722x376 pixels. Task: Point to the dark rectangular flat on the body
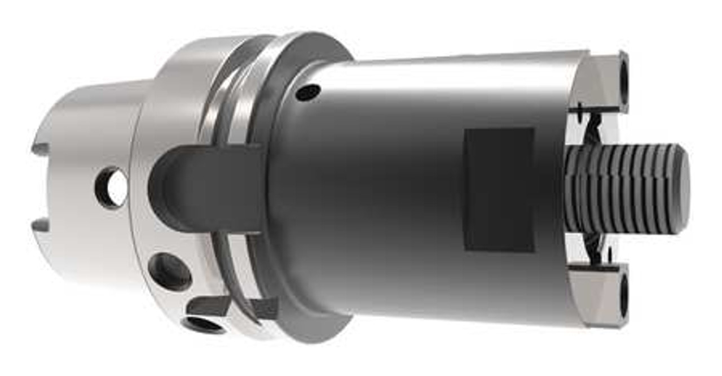click(499, 190)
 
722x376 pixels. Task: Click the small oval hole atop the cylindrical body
click(308, 92)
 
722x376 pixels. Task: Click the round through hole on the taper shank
click(112, 187)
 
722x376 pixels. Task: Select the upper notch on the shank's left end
click(40, 150)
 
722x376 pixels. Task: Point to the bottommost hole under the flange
click(203, 325)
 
